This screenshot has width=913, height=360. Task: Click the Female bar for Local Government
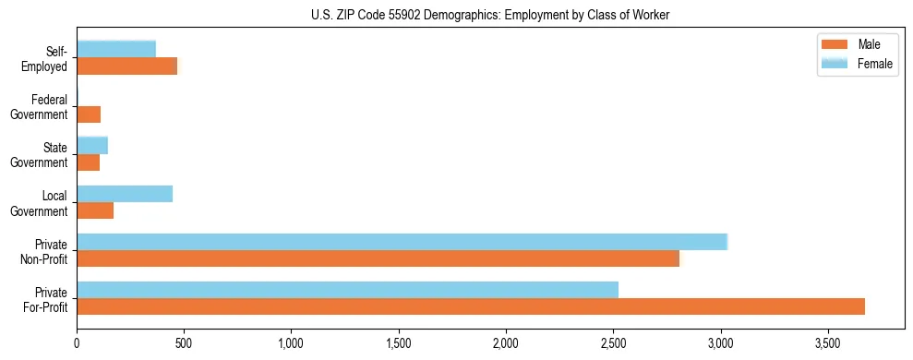125,194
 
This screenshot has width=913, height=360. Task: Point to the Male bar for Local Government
95,210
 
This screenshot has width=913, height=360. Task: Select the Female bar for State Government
92,145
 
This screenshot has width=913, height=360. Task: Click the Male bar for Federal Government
89,114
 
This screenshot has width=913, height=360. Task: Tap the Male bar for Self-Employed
126,66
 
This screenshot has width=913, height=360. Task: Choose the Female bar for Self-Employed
116,49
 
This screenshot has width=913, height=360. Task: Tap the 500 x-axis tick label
184,343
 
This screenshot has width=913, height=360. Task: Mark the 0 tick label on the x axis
77,343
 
